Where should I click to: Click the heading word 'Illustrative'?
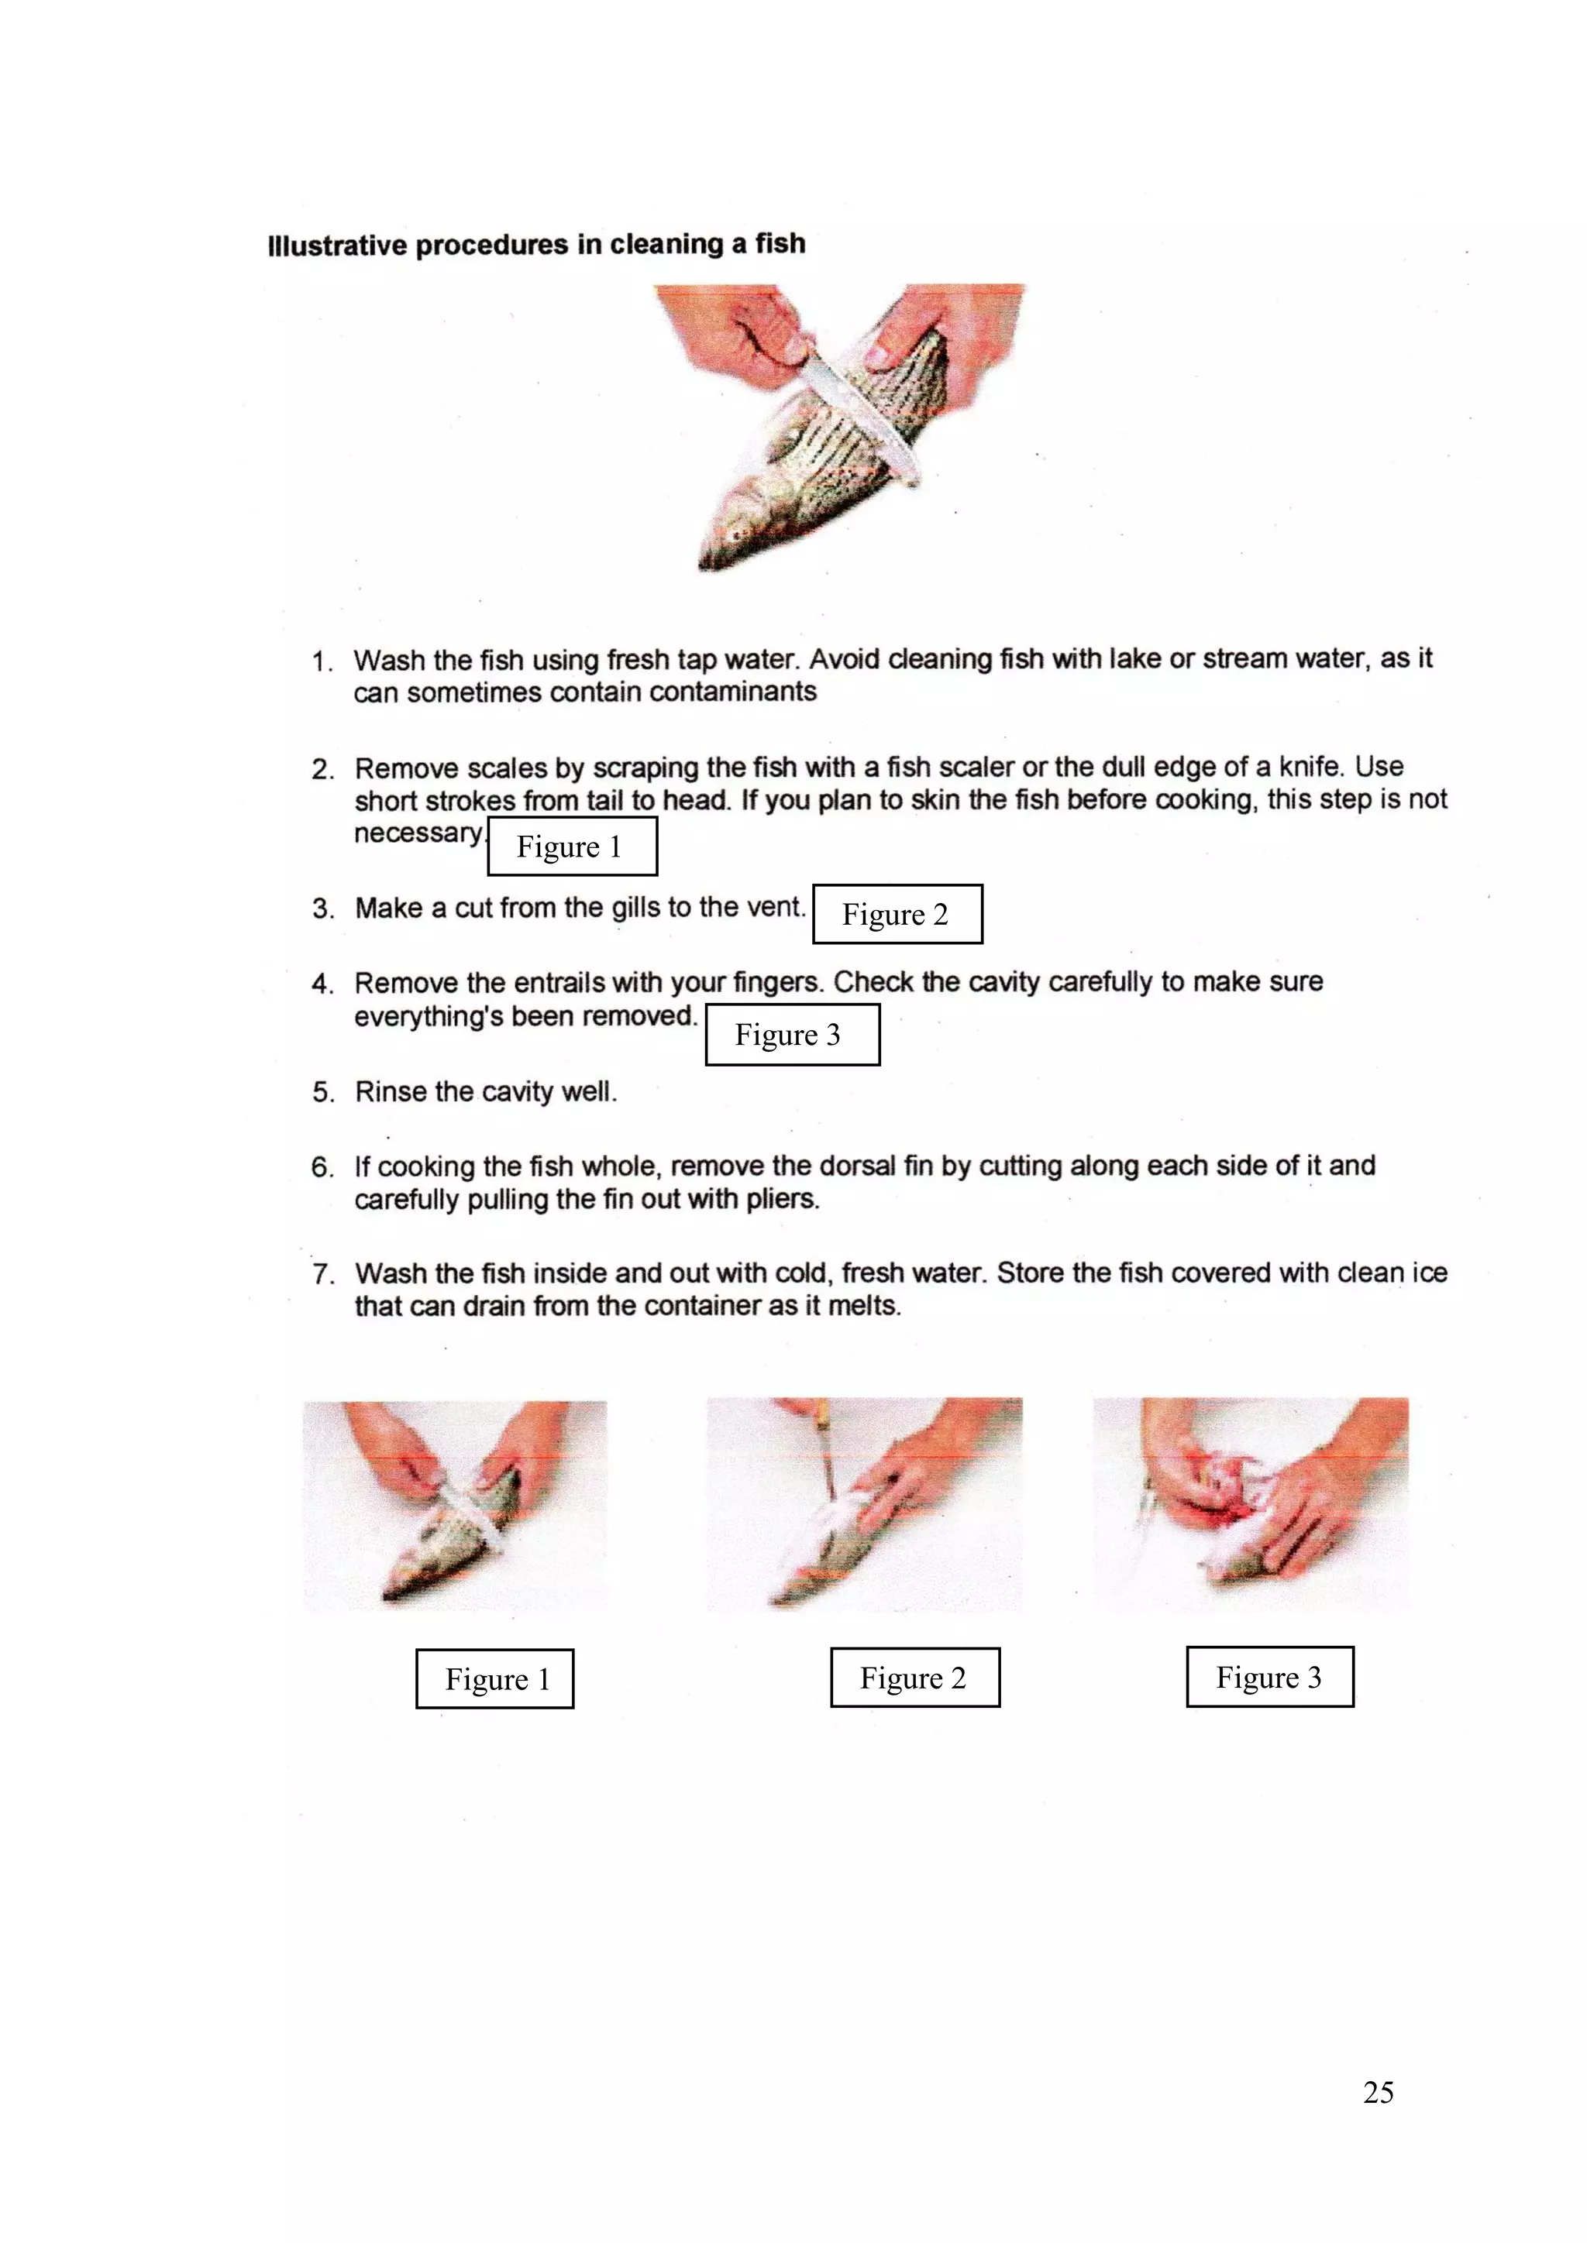tap(336, 246)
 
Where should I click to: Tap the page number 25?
tap(1378, 2091)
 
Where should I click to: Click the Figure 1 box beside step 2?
tap(572, 846)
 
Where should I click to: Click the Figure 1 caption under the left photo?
tap(494, 1678)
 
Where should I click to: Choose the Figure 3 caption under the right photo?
tap(1269, 1676)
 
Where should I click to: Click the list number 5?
tap(322, 1092)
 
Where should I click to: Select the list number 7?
tap(322, 1274)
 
